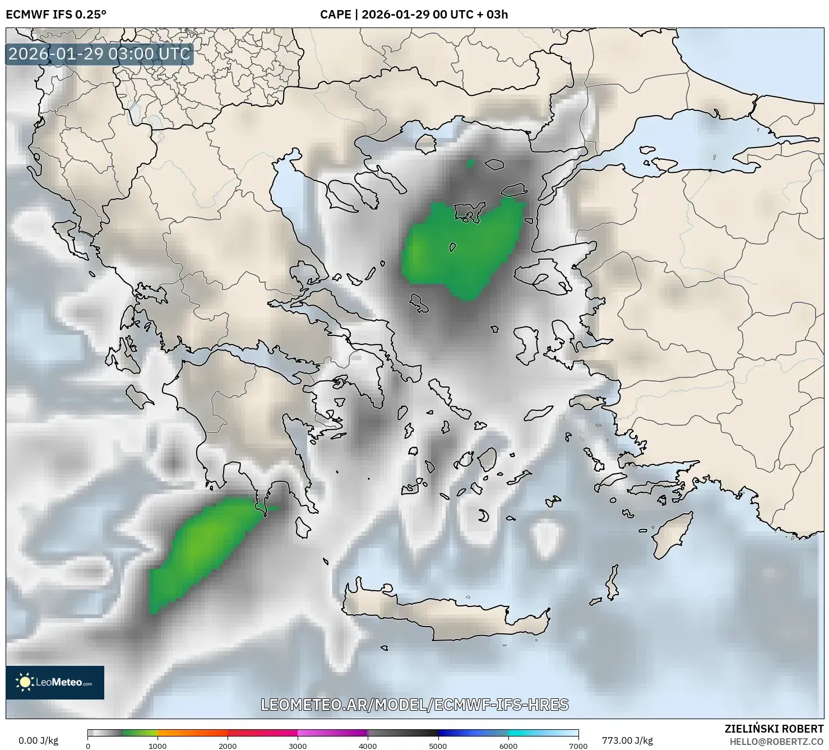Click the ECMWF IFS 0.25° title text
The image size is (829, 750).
[55, 15]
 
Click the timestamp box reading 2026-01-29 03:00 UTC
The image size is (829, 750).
[99, 54]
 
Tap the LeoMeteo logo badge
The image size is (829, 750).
[55, 682]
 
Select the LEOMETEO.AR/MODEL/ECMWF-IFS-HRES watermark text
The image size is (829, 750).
[415, 705]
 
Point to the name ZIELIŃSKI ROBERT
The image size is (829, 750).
[774, 729]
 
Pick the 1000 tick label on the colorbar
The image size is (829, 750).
[158, 746]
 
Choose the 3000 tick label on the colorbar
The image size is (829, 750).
[298, 746]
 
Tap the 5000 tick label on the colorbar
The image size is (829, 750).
[438, 746]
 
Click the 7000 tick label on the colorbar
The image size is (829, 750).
[578, 746]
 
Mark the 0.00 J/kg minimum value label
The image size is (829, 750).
[38, 740]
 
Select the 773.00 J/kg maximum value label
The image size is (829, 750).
[627, 740]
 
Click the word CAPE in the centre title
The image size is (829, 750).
[335, 15]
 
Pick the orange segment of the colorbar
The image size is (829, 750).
[192, 733]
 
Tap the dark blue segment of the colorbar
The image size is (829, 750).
[473, 733]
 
